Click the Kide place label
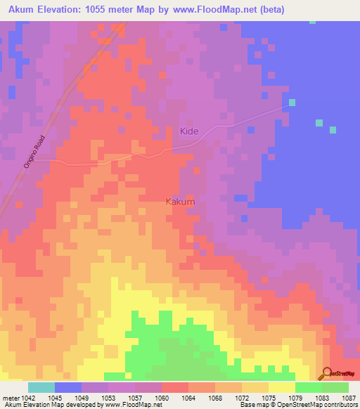(189, 131)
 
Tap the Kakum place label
(180, 202)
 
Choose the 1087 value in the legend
(349, 398)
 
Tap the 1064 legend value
(188, 398)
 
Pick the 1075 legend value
(269, 398)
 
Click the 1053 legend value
(108, 398)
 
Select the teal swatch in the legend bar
(41, 387)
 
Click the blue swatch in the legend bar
(68, 387)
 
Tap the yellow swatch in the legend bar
(282, 387)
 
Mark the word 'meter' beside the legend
(8, 398)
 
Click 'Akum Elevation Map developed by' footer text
(46, 405)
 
